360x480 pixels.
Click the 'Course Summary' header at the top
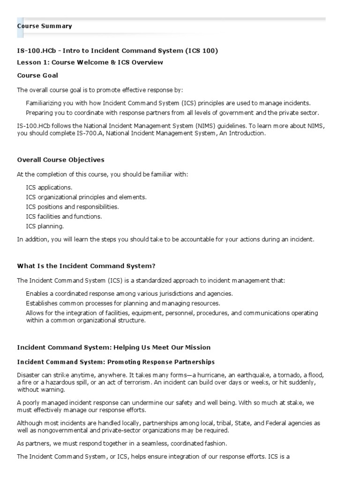[x=45, y=26]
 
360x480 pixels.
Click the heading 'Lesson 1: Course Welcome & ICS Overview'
[x=90, y=62]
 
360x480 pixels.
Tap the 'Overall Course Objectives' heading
[x=60, y=160]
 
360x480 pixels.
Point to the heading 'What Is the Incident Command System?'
[x=86, y=266]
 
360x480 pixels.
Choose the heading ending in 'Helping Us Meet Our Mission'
[x=114, y=347]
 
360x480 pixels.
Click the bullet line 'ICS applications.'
[x=49, y=187]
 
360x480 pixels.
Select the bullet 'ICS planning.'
[x=45, y=226]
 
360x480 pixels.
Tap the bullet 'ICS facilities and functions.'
[x=64, y=217]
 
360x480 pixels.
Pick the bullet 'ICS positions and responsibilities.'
[x=72, y=207]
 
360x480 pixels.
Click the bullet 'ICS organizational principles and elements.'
[x=86, y=197]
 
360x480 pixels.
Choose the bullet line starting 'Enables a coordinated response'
[x=129, y=293]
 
